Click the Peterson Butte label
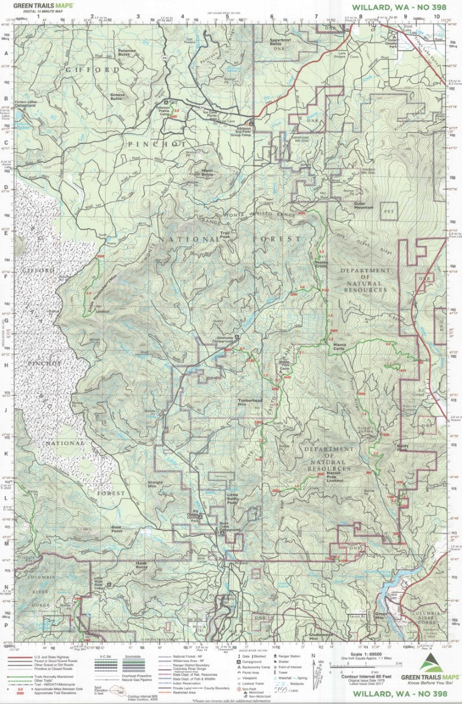127,52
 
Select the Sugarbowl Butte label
284,42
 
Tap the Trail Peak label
223,235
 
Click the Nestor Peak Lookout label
335,476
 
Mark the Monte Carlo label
343,349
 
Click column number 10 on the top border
436,16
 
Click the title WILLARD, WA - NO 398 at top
398,8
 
